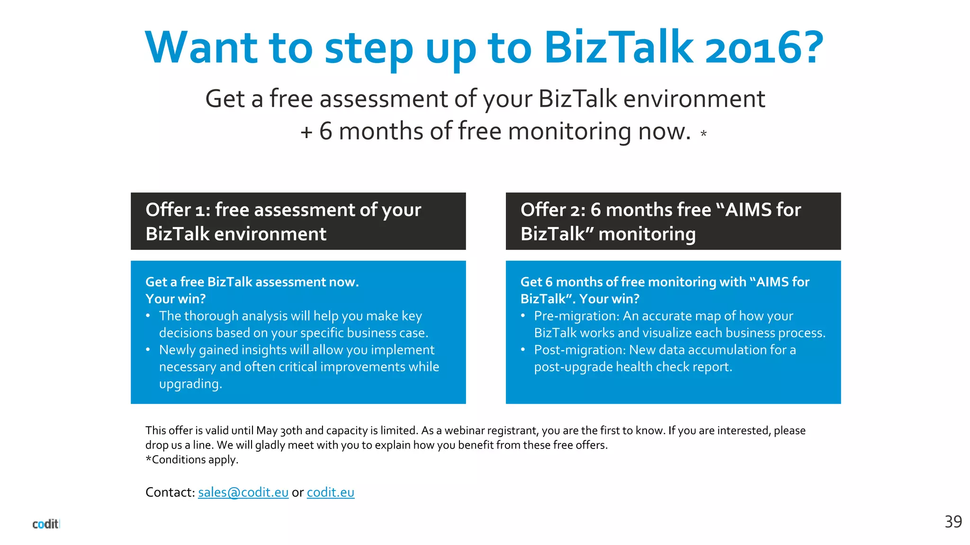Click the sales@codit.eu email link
[243, 492]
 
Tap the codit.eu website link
[330, 492]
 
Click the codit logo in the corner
[45, 524]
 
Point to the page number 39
[953, 521]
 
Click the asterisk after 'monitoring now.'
[703, 134]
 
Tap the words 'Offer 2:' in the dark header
[552, 210]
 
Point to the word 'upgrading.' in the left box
[190, 384]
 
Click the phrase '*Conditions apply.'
[192, 460]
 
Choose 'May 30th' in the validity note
[279, 431]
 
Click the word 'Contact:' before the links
[170, 492]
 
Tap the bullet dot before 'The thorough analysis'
[148, 316]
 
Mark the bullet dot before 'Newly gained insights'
[148, 350]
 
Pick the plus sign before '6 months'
[306, 132]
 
